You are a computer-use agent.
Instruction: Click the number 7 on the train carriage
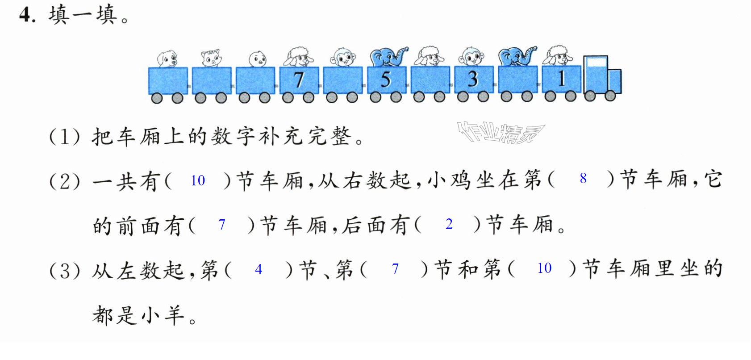(298, 80)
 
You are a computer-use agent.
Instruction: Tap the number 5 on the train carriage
(386, 80)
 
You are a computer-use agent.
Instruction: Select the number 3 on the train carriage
(473, 79)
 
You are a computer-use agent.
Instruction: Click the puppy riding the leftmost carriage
(167, 59)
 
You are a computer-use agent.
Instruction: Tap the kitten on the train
(211, 59)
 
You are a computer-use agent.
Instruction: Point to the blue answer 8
(583, 178)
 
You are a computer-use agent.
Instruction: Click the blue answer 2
(449, 224)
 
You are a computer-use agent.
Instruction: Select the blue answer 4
(258, 269)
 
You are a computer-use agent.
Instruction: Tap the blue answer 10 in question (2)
(198, 180)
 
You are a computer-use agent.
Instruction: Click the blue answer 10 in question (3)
(544, 268)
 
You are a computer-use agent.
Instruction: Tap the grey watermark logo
(501, 133)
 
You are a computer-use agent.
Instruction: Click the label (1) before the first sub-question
(65, 137)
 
